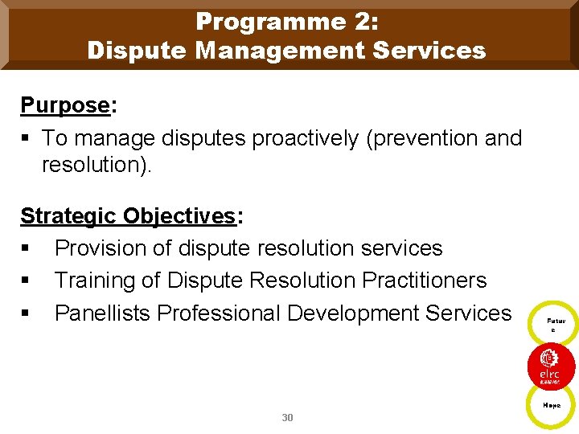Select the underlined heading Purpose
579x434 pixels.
point(64,105)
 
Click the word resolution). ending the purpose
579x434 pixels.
point(96,166)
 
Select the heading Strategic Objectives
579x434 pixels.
point(127,216)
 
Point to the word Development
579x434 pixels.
point(377,313)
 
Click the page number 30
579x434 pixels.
point(288,418)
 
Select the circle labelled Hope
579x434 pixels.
point(552,406)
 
